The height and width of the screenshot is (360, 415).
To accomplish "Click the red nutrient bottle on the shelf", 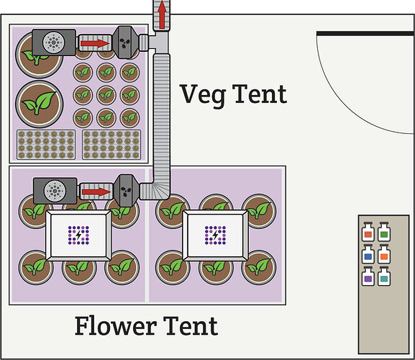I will (368, 233).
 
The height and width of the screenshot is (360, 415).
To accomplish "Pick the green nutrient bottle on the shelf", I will (384, 233).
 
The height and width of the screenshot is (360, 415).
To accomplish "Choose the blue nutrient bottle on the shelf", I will (368, 255).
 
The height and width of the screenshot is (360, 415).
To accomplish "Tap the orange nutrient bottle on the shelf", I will (384, 255).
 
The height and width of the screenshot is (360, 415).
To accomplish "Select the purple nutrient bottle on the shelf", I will (368, 276).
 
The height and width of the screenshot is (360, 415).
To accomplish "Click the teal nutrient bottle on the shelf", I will (384, 276).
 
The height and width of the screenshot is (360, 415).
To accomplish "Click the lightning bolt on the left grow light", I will (78, 234).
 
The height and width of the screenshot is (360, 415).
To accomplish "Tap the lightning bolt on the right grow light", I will (214, 234).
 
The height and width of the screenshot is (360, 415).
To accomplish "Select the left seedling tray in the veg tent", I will (45, 143).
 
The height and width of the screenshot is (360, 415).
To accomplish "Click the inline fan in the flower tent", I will (127, 191).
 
